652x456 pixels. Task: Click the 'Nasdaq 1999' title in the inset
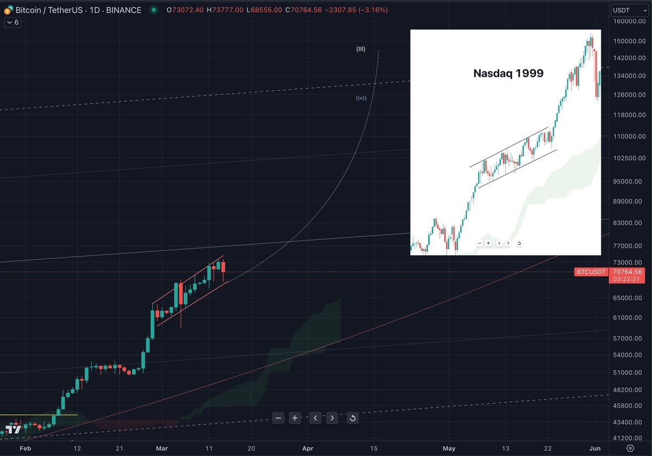point(509,73)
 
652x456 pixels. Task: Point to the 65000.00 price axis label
point(628,298)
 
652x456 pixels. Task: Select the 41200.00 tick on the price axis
point(628,438)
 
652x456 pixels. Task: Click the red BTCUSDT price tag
point(590,272)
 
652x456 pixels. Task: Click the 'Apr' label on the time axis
point(308,449)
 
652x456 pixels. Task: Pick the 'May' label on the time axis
point(449,449)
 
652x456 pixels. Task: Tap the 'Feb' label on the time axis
point(24,449)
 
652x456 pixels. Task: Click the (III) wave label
point(361,49)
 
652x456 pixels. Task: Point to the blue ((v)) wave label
point(361,98)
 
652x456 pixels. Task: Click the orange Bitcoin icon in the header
point(7,10)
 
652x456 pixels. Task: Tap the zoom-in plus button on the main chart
point(294,418)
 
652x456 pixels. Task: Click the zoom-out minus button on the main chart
point(278,418)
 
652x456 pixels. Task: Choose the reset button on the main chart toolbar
point(353,418)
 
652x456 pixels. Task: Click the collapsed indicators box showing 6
point(12,22)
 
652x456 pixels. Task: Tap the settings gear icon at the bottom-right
point(630,449)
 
